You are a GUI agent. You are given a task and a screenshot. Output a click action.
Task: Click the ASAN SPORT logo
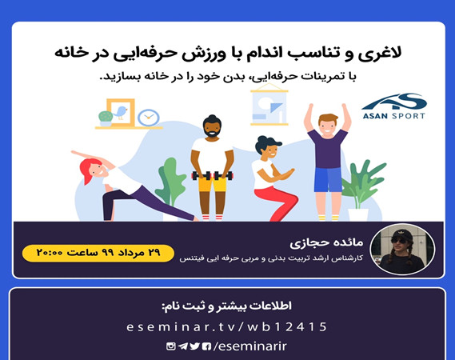[393, 106]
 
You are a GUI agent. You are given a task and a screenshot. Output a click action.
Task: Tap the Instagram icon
[170, 346]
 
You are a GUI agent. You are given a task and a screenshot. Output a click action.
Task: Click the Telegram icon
[183, 346]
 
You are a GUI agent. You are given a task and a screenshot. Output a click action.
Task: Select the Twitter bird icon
[195, 346]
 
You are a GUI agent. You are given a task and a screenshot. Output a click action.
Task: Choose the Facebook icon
[207, 346]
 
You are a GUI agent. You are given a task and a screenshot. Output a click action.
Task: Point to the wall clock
[148, 118]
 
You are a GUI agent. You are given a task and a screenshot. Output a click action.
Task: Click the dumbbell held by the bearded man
[211, 175]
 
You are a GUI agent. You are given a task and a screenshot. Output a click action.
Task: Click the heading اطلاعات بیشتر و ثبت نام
[227, 306]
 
